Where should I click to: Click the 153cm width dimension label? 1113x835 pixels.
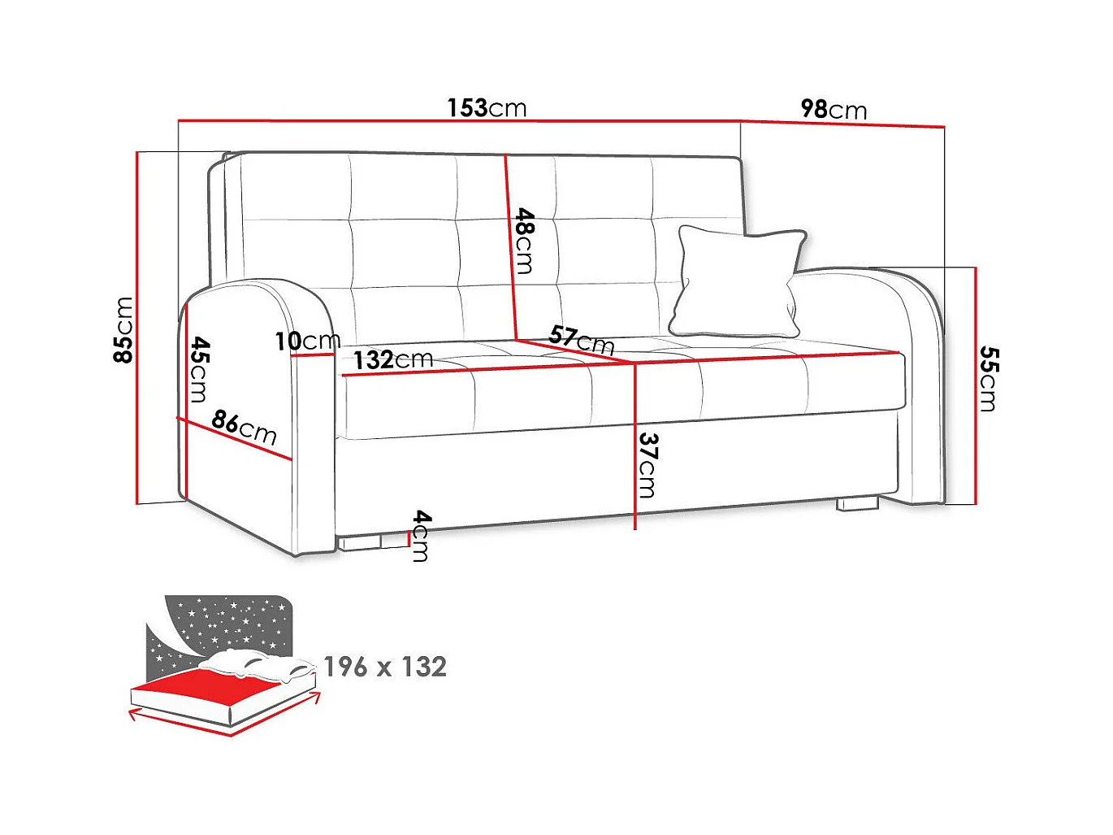tap(487, 107)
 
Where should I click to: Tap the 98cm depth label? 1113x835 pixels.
tap(834, 109)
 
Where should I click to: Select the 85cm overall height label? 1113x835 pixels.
tap(123, 329)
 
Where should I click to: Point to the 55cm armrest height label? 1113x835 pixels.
tap(988, 378)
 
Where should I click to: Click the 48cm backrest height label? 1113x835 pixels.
tap(526, 241)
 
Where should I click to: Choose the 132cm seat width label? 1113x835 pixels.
tap(392, 359)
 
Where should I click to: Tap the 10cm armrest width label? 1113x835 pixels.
tap(307, 341)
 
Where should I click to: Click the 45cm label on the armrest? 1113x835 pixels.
tap(199, 370)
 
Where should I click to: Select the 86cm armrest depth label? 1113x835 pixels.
tap(245, 426)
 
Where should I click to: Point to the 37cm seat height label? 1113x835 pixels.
tap(647, 464)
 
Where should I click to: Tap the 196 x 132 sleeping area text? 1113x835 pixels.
tap(385, 667)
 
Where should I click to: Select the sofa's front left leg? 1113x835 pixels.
tap(361, 541)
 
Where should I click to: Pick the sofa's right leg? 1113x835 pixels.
tap(858, 504)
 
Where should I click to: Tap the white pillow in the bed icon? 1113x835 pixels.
tap(256, 662)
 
